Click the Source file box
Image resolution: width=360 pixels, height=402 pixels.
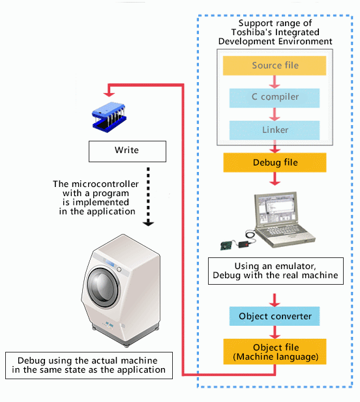pos(275,66)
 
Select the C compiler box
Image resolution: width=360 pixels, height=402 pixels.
pos(275,98)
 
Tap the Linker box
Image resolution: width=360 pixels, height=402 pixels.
pos(275,130)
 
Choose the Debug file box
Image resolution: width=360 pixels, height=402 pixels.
pos(275,162)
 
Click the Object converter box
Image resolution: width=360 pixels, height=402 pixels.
pos(275,317)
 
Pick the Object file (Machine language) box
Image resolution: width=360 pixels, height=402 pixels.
pos(275,351)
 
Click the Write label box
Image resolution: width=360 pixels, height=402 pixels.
pos(127,151)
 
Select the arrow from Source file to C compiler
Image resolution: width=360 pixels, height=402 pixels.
pos(275,81)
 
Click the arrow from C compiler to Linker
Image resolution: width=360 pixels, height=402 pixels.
pos(275,114)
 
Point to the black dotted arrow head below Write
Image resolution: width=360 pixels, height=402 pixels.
pos(149,222)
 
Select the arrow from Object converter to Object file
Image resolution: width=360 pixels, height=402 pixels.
pos(275,332)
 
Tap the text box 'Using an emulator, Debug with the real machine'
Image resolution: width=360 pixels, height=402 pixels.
pos(275,271)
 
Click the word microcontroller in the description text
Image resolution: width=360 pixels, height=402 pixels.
pos(105,184)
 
